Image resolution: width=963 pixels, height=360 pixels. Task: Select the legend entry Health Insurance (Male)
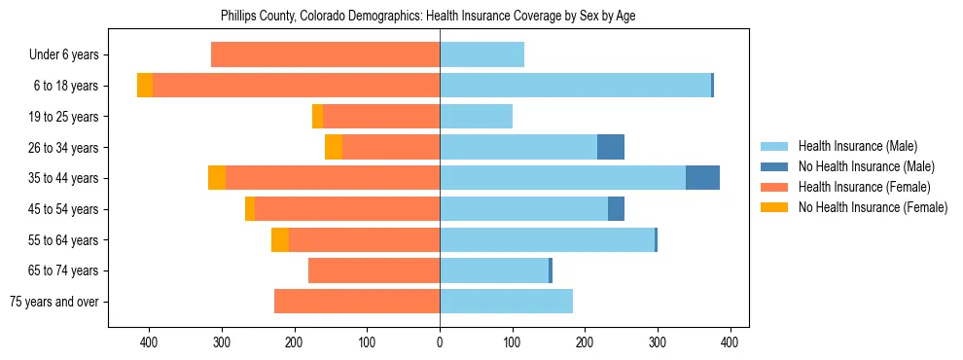[857, 146]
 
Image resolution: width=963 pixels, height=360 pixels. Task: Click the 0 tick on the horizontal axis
[440, 342]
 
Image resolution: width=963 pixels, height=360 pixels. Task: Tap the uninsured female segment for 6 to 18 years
[145, 86]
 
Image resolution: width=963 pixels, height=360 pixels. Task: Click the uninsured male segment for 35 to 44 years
[702, 178]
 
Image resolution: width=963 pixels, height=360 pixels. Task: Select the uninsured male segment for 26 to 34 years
[611, 147]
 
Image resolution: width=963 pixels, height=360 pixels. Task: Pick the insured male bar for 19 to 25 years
[476, 117]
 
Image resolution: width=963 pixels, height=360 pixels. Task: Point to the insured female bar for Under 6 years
[325, 55]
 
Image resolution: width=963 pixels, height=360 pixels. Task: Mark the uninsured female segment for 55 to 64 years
[280, 239]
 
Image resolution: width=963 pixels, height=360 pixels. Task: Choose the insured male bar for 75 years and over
[506, 302]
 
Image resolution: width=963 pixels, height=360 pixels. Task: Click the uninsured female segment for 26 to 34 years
[334, 147]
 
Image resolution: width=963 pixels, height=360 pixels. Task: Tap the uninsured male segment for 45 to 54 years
[616, 209]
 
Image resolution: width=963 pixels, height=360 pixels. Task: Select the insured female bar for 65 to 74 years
[374, 270]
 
